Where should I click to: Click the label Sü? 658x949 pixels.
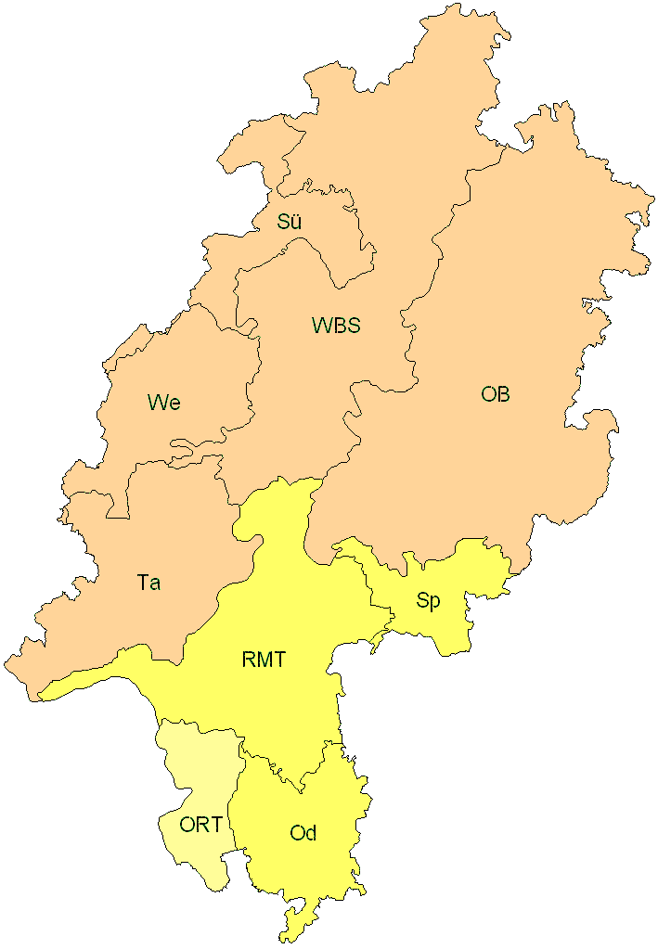tap(290, 222)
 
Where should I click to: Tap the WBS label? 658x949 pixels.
tap(335, 326)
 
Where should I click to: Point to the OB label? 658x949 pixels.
tap(495, 394)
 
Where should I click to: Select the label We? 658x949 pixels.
tap(163, 403)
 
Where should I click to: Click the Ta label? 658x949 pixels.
tap(148, 583)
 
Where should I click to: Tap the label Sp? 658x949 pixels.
tap(428, 600)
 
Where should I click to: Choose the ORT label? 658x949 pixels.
tap(200, 825)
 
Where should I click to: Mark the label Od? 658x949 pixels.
tap(303, 833)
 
